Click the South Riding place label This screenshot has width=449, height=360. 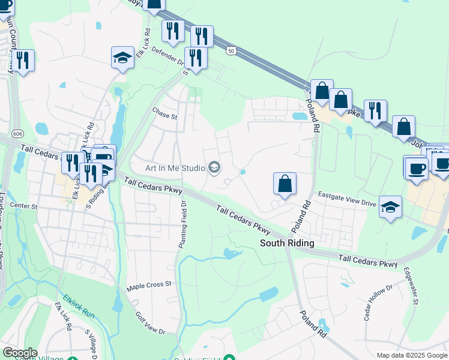[x=287, y=243]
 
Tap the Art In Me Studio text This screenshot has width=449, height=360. [x=173, y=167]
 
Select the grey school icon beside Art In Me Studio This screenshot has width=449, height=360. [x=214, y=167]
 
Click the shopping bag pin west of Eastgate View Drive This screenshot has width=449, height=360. [x=285, y=184]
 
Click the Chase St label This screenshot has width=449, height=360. [x=165, y=113]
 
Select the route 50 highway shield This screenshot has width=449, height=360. [x=231, y=51]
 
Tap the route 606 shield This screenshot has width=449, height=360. [x=4, y=133]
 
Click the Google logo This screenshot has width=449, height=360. [x=19, y=353]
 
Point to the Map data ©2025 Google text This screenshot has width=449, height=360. [x=411, y=355]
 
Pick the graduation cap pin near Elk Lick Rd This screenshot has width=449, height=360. [x=122, y=58]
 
